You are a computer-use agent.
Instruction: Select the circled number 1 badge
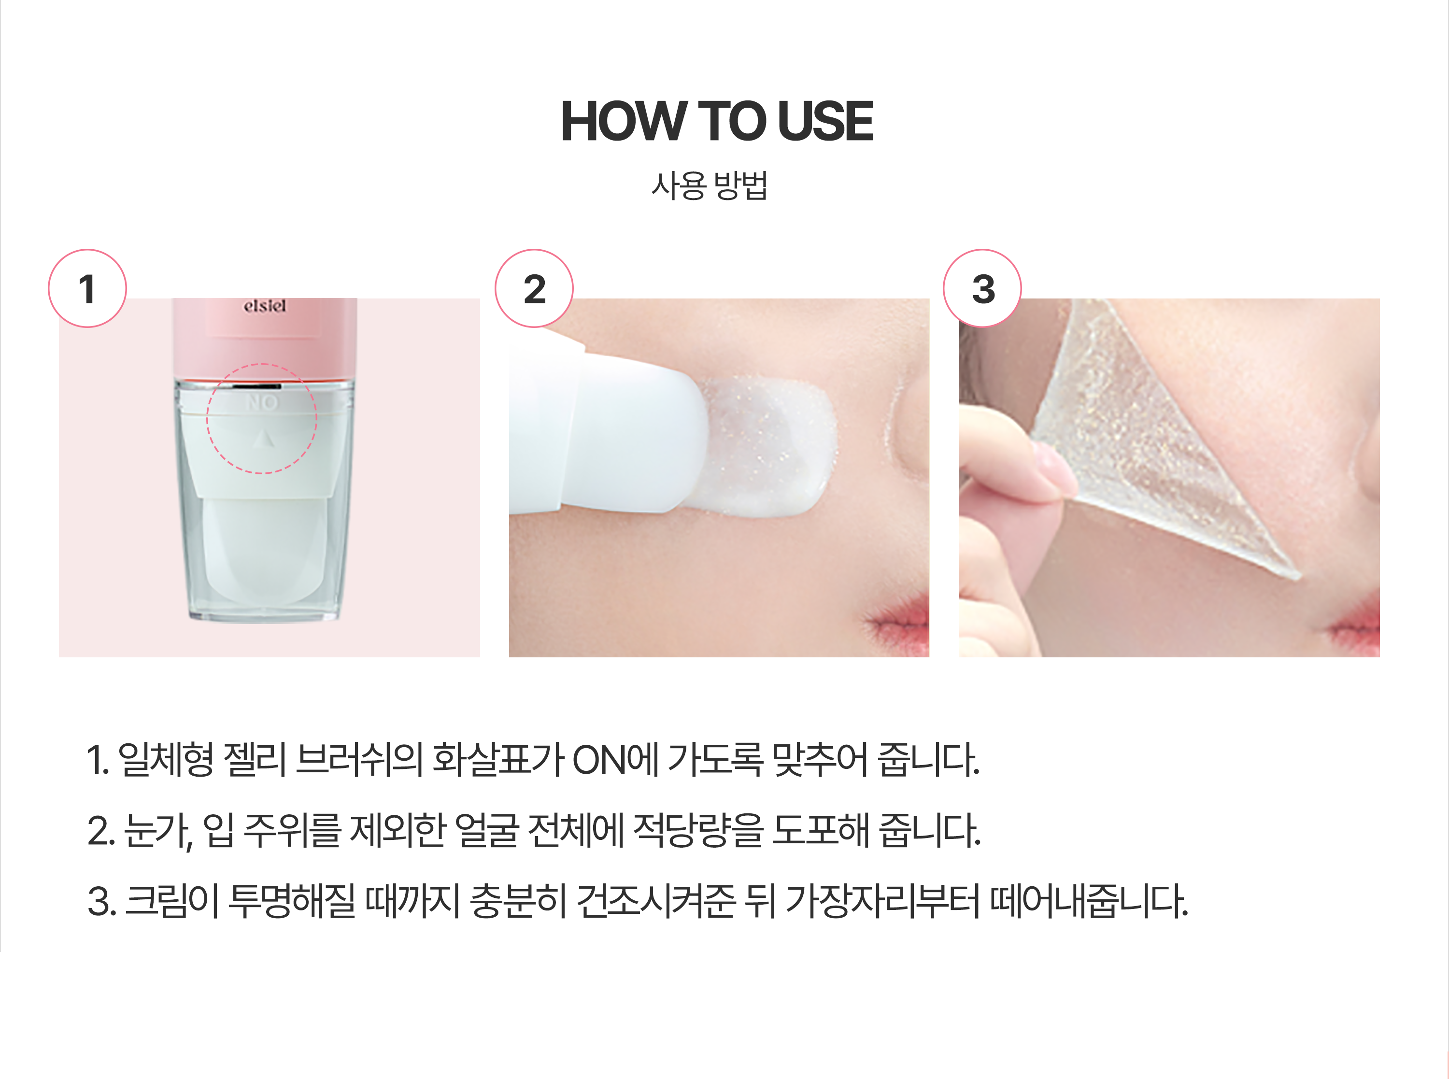(87, 288)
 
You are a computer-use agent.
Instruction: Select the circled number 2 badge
(534, 288)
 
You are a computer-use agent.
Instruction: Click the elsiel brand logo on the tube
(265, 306)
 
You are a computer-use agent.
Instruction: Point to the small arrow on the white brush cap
(263, 439)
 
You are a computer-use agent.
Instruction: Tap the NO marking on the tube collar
(262, 402)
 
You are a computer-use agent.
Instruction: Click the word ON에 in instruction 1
(615, 760)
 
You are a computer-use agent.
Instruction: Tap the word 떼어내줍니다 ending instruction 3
(1089, 901)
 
